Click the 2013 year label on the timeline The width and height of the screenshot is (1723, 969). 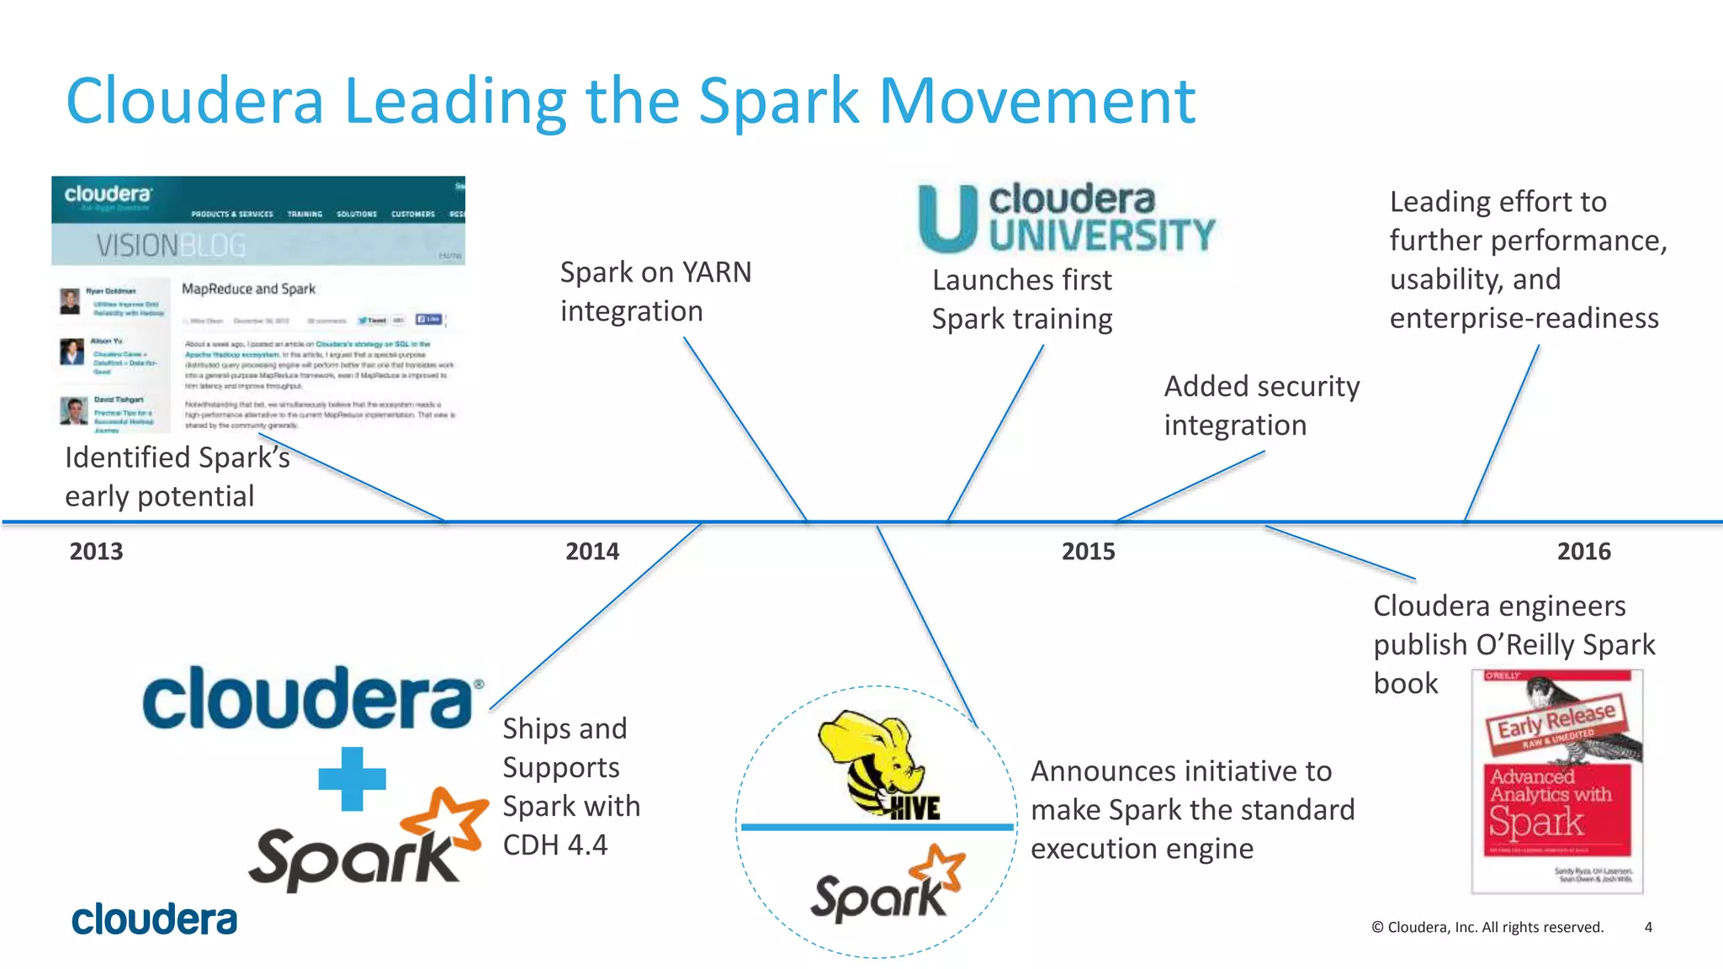click(96, 552)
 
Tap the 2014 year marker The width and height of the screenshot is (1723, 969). click(591, 552)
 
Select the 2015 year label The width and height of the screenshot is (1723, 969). click(1088, 552)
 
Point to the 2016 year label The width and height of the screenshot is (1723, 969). click(1583, 552)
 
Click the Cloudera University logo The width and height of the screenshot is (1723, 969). click(1066, 217)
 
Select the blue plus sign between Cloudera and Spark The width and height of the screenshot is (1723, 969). click(352, 779)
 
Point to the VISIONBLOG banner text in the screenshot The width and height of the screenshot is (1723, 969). click(171, 246)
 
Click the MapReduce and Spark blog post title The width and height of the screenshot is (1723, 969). click(248, 289)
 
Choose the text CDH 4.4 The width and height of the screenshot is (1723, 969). click(554, 845)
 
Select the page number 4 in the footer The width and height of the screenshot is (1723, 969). click(1648, 927)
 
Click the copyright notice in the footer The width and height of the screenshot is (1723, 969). click(1487, 927)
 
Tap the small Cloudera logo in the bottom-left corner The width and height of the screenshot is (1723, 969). click(154, 920)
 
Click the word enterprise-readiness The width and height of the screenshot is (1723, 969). click(1524, 319)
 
